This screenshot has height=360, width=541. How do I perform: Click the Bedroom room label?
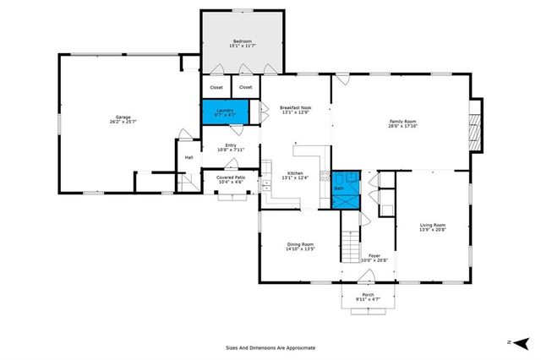(x=243, y=41)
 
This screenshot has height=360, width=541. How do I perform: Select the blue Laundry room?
(x=224, y=112)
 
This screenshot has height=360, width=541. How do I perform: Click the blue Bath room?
(x=346, y=189)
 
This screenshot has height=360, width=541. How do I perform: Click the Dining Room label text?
(x=300, y=244)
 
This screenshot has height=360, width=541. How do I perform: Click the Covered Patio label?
(x=231, y=177)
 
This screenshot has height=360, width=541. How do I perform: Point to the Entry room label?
(x=231, y=145)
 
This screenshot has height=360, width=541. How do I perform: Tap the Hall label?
(x=189, y=157)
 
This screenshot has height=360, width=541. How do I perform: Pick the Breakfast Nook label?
(x=296, y=106)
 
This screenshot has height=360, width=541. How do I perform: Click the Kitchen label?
(x=296, y=172)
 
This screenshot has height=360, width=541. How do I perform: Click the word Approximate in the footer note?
(x=298, y=347)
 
